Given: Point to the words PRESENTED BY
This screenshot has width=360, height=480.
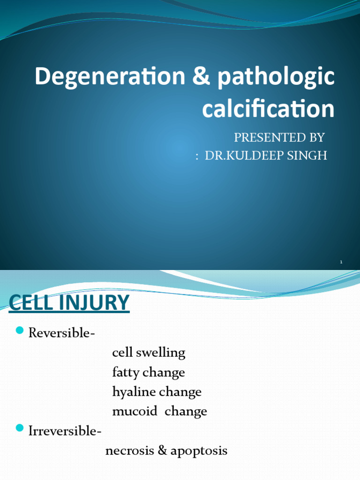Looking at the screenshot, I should [279, 137].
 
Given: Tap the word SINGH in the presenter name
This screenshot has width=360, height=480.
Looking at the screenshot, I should [309, 156].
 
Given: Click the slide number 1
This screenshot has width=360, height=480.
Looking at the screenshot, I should [341, 262].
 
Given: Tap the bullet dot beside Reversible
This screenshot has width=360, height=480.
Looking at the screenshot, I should [19, 331].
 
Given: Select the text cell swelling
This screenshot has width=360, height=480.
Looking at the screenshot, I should [149, 353].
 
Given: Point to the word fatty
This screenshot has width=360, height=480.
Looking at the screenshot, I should [126, 373].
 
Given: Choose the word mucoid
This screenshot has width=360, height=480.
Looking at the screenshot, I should [132, 412].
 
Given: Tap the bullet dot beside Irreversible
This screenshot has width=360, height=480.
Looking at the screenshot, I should [19, 428].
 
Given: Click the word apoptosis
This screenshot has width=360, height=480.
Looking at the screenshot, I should [199, 451].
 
